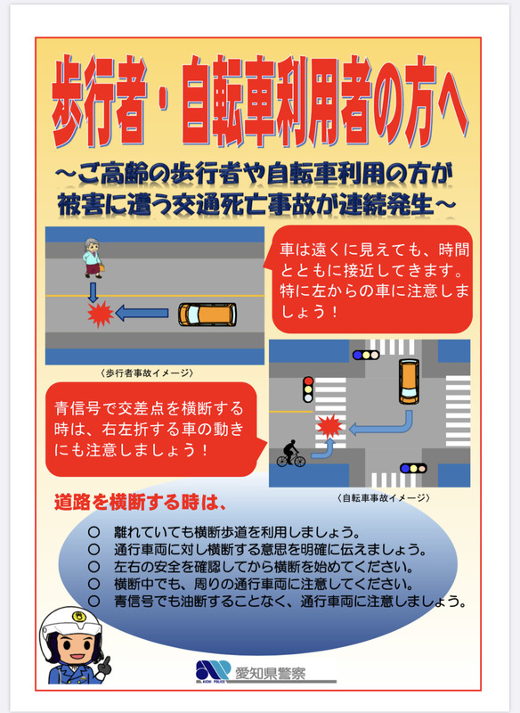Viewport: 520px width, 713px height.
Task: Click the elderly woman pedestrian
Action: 93,258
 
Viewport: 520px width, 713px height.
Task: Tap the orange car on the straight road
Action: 207,315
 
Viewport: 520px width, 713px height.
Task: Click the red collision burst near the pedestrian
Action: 100,314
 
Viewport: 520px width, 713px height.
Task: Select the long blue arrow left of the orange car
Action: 142,313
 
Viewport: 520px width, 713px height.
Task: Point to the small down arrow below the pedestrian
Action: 93,292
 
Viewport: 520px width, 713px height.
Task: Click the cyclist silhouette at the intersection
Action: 291,454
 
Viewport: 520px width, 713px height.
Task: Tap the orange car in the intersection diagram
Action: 409,381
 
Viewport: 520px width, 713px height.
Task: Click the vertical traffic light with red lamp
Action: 308,389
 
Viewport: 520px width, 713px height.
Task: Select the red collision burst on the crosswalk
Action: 329,426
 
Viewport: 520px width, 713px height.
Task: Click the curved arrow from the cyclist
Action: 327,450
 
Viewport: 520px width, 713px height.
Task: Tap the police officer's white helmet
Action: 69,628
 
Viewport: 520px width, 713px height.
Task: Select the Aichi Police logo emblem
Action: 213,670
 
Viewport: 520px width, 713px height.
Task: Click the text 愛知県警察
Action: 270,673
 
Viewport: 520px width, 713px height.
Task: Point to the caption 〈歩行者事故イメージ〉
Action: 147,373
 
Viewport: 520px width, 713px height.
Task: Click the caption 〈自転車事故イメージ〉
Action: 383,498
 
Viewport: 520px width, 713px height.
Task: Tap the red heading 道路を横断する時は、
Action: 140,503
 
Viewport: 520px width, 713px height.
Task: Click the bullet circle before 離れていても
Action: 93,531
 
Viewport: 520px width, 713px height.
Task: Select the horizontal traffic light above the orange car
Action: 366,355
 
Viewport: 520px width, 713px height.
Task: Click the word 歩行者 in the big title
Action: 99,100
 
